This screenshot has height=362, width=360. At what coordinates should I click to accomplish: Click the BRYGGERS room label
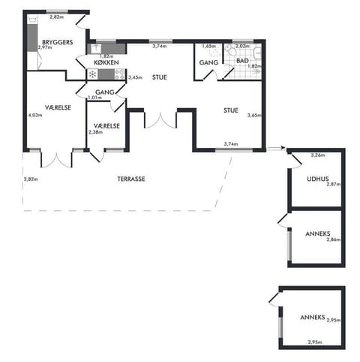tap(57, 43)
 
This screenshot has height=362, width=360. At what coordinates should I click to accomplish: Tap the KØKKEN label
tap(106, 63)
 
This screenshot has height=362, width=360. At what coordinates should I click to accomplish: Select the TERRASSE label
tap(130, 179)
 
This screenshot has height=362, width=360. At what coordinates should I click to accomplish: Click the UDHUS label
tap(318, 179)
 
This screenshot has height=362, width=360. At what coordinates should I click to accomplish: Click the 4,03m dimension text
tap(34, 115)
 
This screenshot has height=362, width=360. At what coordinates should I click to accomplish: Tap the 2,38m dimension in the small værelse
tap(95, 133)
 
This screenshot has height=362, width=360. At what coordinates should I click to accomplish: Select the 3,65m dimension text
tap(253, 115)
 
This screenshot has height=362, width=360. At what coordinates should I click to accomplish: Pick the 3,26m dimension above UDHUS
tap(318, 155)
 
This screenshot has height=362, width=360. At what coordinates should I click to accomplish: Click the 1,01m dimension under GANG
tap(94, 98)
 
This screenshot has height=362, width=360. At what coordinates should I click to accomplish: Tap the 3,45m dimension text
tap(136, 77)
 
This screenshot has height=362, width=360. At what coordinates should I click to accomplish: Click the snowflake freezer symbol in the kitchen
tap(92, 74)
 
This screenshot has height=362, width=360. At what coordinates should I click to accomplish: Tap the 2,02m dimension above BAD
tap(242, 46)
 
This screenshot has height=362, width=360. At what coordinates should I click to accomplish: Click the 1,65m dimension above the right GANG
tap(209, 46)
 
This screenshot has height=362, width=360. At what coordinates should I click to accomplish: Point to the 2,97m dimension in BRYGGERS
tap(43, 48)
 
